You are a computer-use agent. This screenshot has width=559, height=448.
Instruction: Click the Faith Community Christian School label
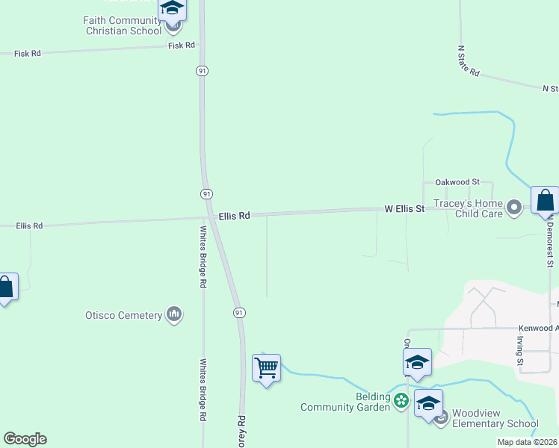(x=123, y=25)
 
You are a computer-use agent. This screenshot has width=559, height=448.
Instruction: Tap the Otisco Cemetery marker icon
(x=174, y=314)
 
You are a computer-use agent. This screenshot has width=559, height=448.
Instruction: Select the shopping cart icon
(x=266, y=367)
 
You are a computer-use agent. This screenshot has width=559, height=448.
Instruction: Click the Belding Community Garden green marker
(x=401, y=402)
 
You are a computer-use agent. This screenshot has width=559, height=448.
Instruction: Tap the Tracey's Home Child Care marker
(x=513, y=208)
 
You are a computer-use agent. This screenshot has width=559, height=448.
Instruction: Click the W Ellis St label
(x=404, y=209)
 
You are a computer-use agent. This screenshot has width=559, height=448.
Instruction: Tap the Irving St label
(x=520, y=350)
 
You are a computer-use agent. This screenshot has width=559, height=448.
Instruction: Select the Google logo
(x=25, y=439)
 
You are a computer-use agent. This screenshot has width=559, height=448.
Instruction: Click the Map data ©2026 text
(x=527, y=442)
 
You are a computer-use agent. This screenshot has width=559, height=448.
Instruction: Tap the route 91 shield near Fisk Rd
(x=203, y=70)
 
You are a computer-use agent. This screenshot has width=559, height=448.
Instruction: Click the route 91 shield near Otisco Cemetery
(x=238, y=311)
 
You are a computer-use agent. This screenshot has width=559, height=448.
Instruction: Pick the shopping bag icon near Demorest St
(x=545, y=200)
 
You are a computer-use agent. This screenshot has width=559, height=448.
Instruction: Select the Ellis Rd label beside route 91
(x=235, y=216)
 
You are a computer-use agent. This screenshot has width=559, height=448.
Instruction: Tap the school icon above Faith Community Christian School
(x=173, y=9)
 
